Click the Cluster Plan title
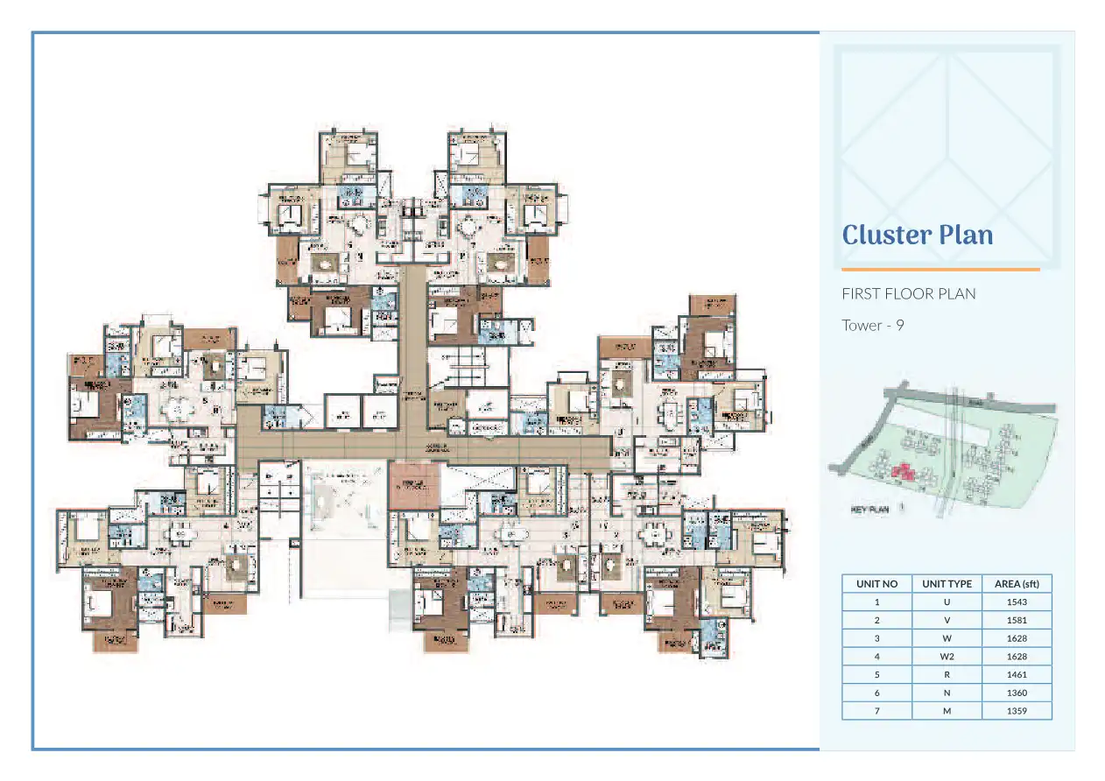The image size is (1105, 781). [917, 235]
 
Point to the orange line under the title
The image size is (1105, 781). [940, 270]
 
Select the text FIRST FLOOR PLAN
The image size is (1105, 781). [908, 293]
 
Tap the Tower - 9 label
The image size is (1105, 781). [872, 325]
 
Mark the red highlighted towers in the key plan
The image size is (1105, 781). [903, 474]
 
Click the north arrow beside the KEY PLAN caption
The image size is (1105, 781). [901, 506]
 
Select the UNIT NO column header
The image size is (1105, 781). [876, 584]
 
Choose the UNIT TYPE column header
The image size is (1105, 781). [947, 584]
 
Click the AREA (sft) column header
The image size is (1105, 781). [1017, 584]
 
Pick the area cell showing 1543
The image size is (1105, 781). [1017, 602]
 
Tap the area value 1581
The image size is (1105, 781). [1017, 620]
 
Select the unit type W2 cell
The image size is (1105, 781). [947, 656]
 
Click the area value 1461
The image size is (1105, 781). [1017, 674]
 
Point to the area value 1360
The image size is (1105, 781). [1017, 693]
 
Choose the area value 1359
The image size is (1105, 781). [1017, 711]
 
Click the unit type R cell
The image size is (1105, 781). [947, 674]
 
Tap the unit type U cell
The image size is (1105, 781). [947, 602]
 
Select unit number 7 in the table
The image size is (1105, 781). [876, 711]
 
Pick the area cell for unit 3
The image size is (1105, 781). [1017, 638]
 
